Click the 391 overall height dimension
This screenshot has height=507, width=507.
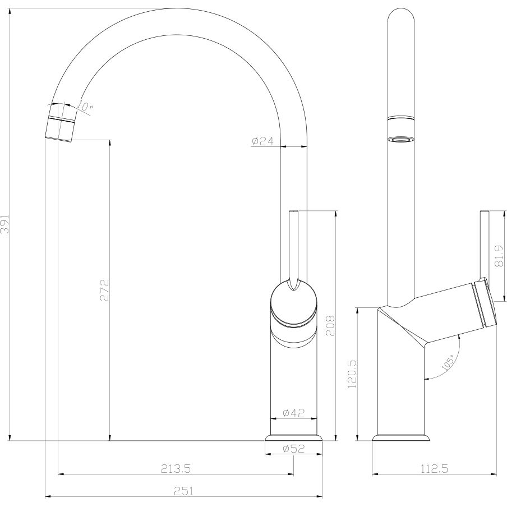click(x=6, y=224)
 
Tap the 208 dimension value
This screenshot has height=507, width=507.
click(x=330, y=324)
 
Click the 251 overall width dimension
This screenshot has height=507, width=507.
click(x=185, y=491)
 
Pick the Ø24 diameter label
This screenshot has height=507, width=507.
click(x=262, y=141)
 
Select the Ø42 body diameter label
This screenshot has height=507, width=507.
click(x=293, y=413)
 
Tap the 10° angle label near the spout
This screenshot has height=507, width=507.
click(x=85, y=106)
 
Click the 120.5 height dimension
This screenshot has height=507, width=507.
click(x=352, y=374)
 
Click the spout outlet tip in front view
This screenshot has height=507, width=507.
click(x=59, y=131)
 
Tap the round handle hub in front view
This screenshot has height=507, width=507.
click(x=294, y=303)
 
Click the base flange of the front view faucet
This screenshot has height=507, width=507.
click(x=294, y=437)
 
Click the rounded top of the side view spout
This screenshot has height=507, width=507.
click(x=402, y=17)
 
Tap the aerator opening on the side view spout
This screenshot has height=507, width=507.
click(x=402, y=139)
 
